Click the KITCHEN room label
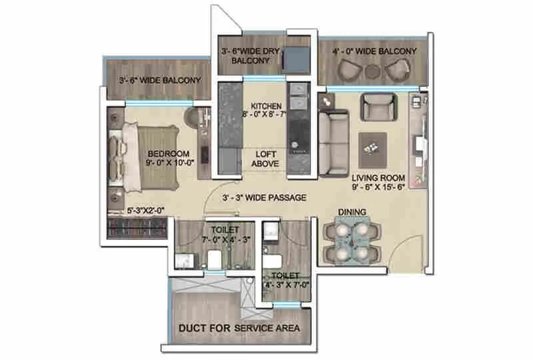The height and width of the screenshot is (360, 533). tap(266, 106)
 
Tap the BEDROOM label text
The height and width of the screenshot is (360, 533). tap(169, 152)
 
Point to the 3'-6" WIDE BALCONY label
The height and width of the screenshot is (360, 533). tap(159, 81)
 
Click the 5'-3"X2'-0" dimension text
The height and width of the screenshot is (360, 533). tap(145, 211)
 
